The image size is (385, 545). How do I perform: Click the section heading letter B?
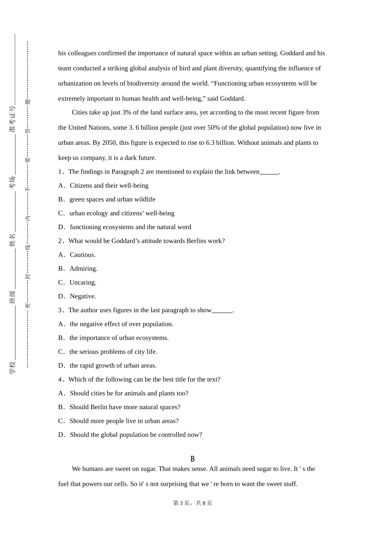(x=192, y=459)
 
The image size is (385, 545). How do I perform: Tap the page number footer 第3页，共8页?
(x=192, y=503)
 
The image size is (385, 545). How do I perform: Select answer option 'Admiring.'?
(x=83, y=268)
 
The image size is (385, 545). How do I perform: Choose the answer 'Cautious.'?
(x=83, y=255)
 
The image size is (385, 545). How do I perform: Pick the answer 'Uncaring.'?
(x=83, y=282)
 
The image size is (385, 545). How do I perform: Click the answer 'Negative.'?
(x=83, y=296)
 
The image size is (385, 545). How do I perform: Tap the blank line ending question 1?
(x=269, y=172)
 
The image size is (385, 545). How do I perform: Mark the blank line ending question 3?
(x=222, y=311)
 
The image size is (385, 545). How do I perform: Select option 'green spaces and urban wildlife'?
(x=112, y=200)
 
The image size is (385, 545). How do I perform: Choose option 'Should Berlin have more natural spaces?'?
(x=125, y=407)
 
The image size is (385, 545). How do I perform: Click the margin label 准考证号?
(x=13, y=119)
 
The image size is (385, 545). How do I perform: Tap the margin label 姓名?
(x=13, y=240)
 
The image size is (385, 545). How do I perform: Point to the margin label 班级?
(x=13, y=297)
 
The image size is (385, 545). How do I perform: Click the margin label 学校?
(x=13, y=367)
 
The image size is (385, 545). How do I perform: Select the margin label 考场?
(x=13, y=182)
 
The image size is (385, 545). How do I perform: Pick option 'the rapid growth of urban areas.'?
(x=113, y=365)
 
